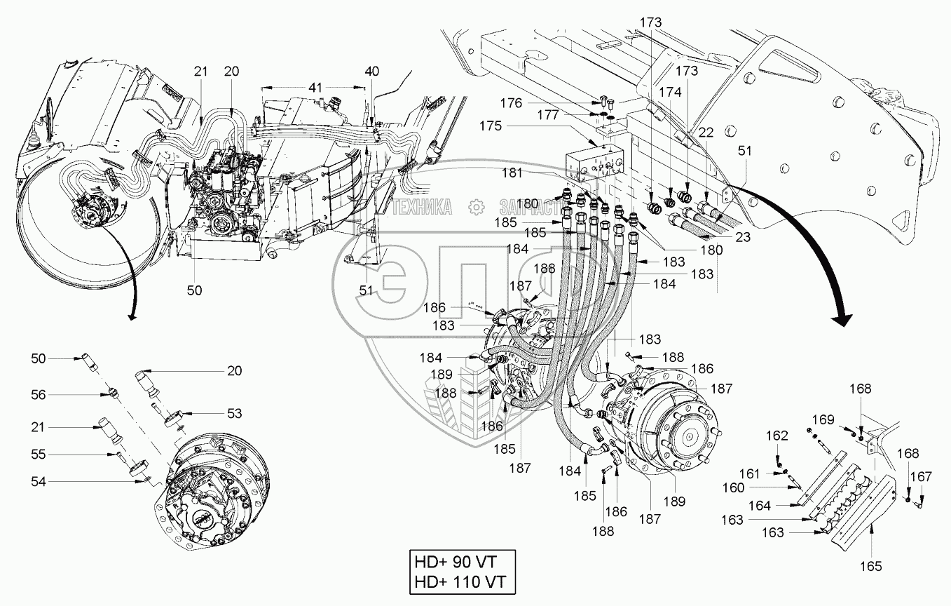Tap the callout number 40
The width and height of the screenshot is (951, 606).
tap(372, 71)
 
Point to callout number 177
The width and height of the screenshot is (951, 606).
tap(549, 114)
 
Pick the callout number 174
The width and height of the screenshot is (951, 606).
tap(671, 92)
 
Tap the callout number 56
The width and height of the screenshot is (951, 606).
tap(38, 395)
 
